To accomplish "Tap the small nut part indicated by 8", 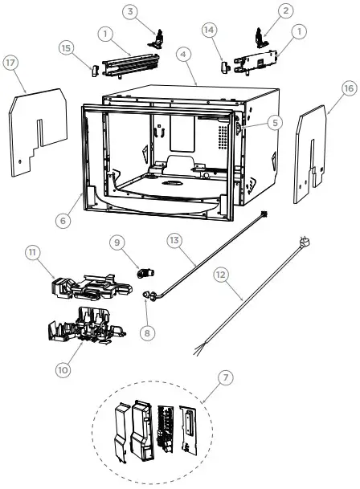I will [x=147, y=297].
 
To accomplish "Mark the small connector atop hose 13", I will [x=264, y=214].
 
